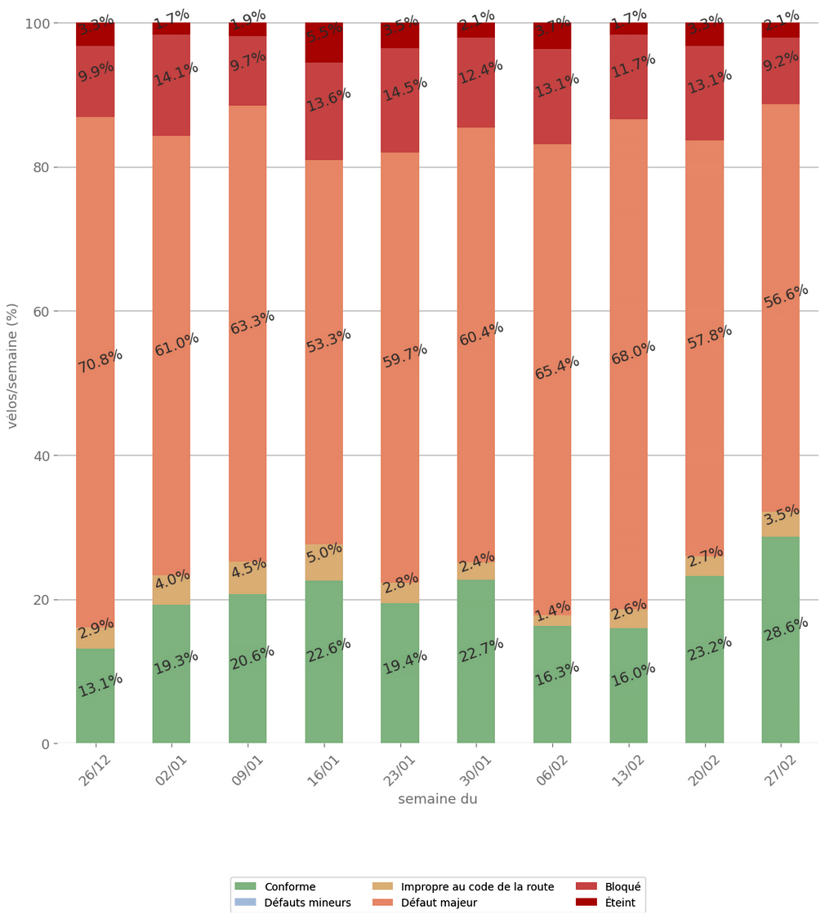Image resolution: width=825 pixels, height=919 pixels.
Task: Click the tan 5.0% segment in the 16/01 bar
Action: coord(323,563)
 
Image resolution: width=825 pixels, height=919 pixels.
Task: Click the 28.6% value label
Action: coord(786,628)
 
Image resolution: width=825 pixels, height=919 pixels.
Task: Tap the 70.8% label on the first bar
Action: coord(100,361)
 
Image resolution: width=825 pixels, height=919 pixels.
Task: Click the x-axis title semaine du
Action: coord(437,799)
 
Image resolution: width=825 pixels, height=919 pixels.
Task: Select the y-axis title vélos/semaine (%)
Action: coord(12,365)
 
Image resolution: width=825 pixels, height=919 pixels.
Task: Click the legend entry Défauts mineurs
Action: coord(307,903)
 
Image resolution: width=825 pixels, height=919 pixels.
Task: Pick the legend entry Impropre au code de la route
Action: coord(477,886)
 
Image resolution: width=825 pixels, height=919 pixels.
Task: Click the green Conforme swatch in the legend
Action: coord(245,886)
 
